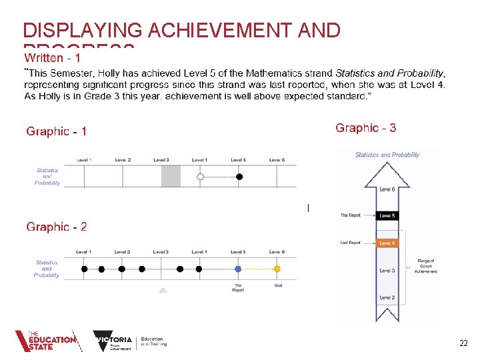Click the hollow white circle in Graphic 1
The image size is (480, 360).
pos(201,177)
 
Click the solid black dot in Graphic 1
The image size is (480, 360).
pos(239,177)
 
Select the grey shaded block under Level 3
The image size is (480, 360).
pos(171,177)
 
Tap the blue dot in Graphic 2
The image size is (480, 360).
pos(238,269)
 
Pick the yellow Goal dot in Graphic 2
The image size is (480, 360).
pos(277,269)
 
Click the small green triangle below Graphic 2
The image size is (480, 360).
pos(163,291)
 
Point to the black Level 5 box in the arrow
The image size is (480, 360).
pos(387,215)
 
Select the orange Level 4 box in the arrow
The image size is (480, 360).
pos(387,243)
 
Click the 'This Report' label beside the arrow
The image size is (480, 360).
pos(350,215)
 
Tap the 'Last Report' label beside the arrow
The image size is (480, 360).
pos(350,243)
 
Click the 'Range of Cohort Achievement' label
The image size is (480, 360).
pos(425,265)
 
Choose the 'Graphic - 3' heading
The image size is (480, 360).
pos(365,128)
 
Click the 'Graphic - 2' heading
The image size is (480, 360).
pos(56,227)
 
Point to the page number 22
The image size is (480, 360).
pos(463,343)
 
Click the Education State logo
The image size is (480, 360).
pos(47,341)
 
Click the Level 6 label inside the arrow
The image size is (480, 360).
pos(387,189)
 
